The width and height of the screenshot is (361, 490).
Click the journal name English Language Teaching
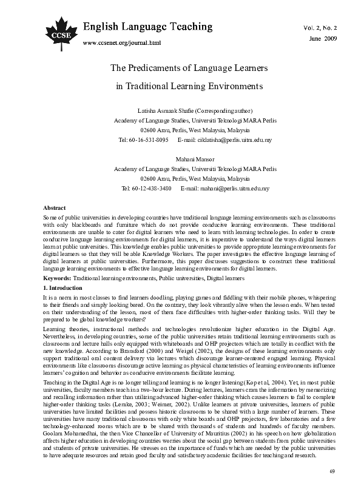pyautogui.click(x=148, y=27)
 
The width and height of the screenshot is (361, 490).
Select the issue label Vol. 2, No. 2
pyautogui.click(x=319, y=29)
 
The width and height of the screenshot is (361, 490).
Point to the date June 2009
pyautogui.click(x=323, y=38)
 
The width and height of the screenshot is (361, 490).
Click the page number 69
pyautogui.click(x=332, y=471)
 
